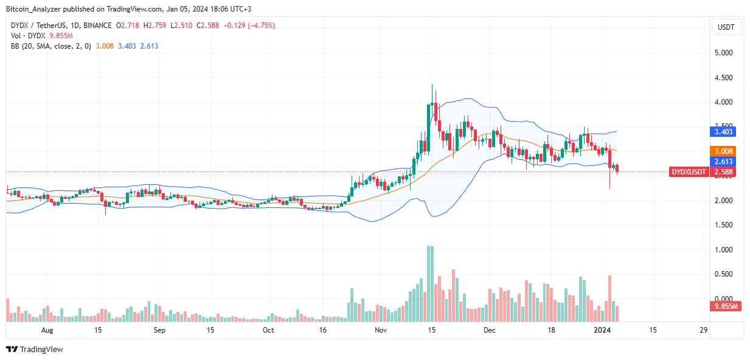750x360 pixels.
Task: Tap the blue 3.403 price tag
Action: [x=726, y=131]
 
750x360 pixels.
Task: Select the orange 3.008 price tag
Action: [x=726, y=151]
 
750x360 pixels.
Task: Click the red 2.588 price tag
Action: [x=726, y=172]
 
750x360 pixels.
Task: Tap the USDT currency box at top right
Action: [x=726, y=27]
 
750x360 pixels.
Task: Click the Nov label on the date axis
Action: [x=381, y=330]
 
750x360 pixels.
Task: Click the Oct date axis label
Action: [x=268, y=330]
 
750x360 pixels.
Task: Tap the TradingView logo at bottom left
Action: [x=35, y=349]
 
